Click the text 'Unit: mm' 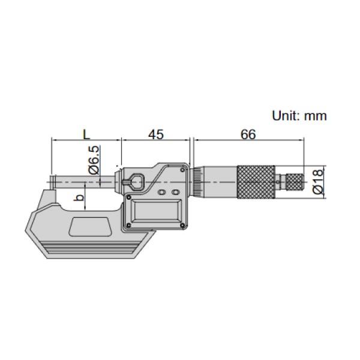(299, 116)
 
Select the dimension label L (85, 134)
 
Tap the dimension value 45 (155, 134)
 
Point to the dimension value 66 (248, 134)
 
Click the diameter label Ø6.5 (95, 160)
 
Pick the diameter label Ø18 (318, 181)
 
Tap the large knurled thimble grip (257, 182)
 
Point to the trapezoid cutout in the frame (91, 227)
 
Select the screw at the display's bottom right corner (181, 225)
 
